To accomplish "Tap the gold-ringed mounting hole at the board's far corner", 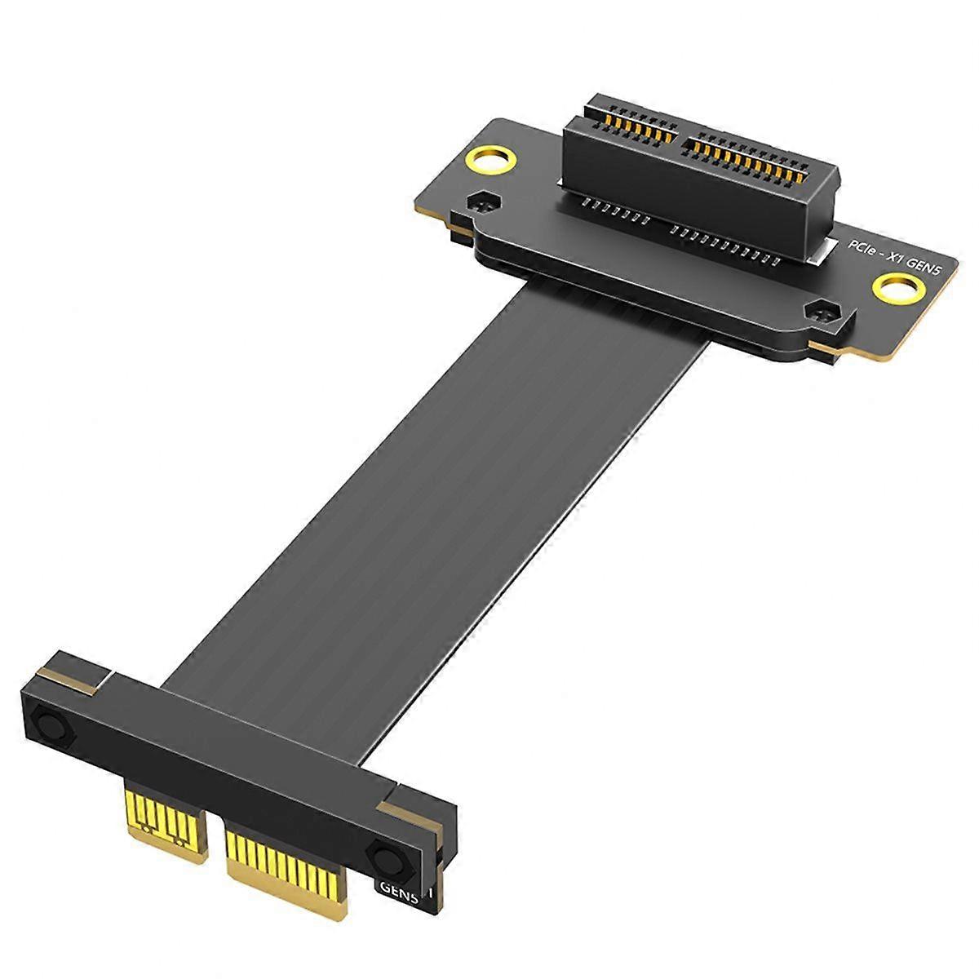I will (x=490, y=160).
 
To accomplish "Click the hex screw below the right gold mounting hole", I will (x=821, y=312).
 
